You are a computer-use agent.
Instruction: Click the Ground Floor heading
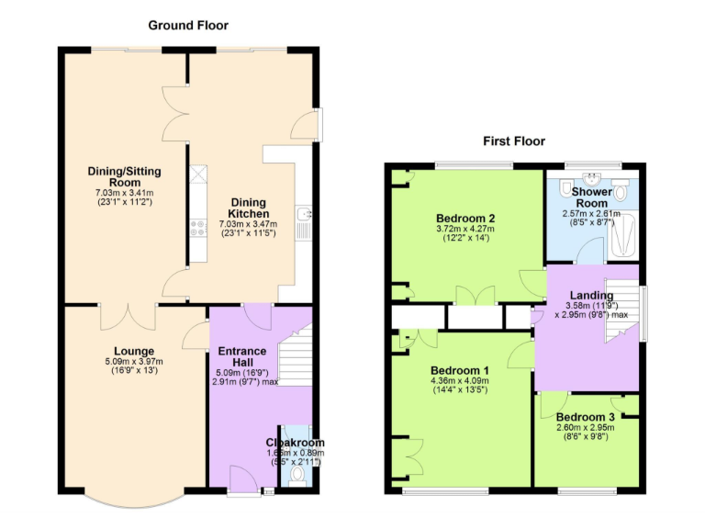[186, 26]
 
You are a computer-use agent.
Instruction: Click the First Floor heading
[514, 141]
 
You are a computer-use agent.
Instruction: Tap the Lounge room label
[134, 351]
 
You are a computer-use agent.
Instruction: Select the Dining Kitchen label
[249, 207]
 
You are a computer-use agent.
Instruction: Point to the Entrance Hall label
[241, 357]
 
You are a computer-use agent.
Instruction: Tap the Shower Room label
[590, 197]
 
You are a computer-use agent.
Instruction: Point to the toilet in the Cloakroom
[296, 477]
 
